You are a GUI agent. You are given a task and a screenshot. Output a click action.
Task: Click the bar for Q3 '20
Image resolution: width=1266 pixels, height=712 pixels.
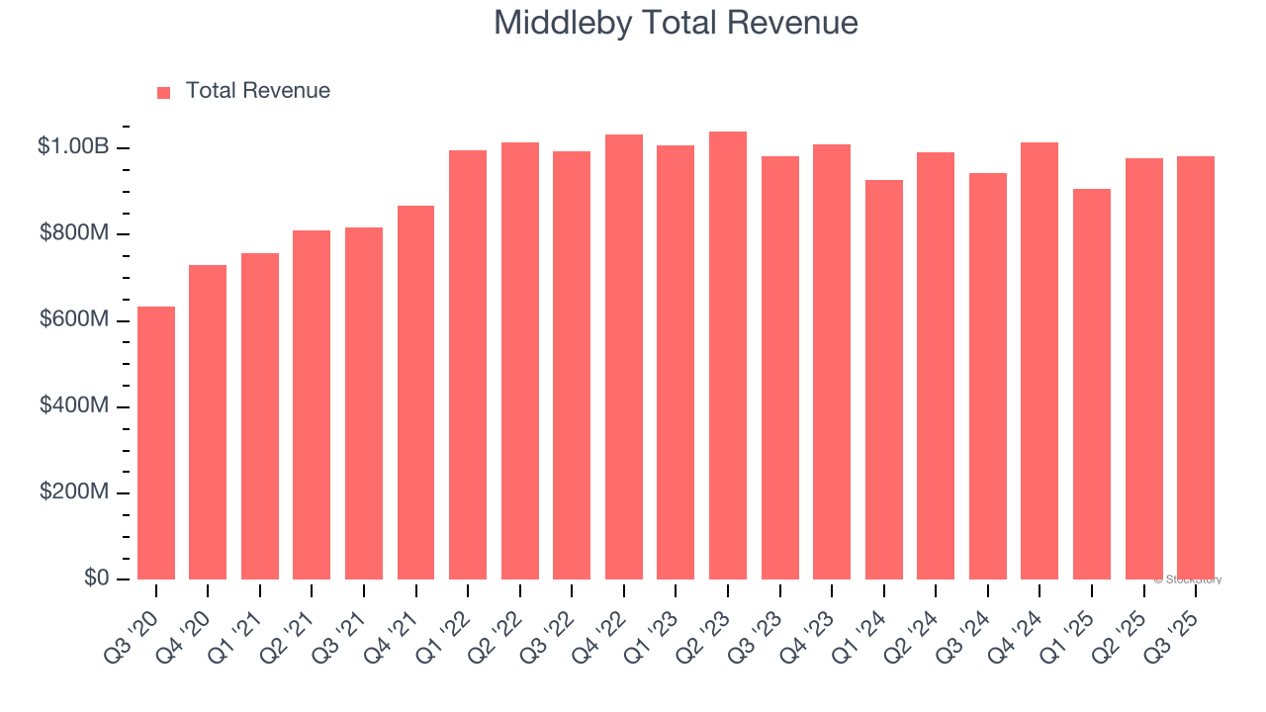[156, 443]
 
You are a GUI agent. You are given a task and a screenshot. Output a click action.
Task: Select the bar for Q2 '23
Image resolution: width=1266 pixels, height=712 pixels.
[728, 356]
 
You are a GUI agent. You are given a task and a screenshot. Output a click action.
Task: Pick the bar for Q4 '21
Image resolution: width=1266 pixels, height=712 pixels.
[415, 393]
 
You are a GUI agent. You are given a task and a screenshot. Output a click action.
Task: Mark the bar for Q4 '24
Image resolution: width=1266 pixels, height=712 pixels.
[1040, 361]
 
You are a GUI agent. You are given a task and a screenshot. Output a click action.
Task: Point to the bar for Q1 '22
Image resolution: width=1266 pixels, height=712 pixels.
[468, 365]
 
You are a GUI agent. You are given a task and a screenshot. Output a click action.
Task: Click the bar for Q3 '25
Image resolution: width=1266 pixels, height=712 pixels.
[1196, 368]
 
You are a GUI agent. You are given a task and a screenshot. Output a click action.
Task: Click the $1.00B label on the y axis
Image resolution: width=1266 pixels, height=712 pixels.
[72, 146]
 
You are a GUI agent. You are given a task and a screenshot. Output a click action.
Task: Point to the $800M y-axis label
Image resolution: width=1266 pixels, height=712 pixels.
[74, 233]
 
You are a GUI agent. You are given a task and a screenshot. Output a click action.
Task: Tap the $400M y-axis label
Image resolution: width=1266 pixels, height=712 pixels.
[74, 406]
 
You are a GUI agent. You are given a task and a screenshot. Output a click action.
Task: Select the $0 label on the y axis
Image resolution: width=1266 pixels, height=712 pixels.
[96, 578]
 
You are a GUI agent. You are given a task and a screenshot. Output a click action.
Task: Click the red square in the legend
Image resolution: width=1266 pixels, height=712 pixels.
[164, 92]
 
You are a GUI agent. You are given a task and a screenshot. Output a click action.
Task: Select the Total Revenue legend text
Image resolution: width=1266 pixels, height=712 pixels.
[257, 91]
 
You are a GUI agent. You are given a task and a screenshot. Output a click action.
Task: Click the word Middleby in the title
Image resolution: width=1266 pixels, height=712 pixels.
[564, 22]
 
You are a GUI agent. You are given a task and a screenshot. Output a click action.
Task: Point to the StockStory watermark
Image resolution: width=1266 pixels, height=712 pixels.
[1188, 579]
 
